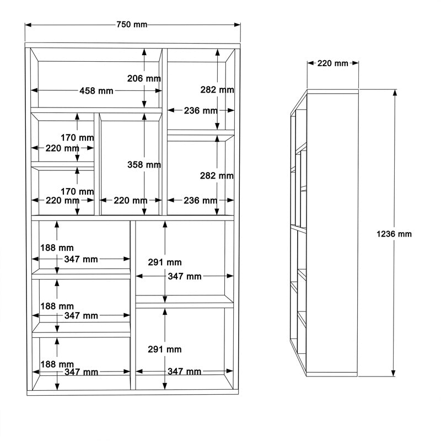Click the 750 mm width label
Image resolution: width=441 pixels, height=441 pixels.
point(132,25)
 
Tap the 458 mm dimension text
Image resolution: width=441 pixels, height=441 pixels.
point(96,91)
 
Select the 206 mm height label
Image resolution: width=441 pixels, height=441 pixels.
point(144,79)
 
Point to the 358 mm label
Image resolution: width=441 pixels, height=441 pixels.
point(144,165)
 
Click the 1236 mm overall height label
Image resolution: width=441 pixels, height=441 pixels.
point(394,234)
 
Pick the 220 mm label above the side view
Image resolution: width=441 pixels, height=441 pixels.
point(333,63)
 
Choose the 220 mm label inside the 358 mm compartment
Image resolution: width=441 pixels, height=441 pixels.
point(130,201)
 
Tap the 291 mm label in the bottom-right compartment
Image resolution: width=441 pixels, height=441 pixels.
point(165,349)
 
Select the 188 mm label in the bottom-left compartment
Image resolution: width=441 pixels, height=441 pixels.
point(57,364)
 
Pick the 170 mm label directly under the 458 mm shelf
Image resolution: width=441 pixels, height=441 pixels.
point(78,137)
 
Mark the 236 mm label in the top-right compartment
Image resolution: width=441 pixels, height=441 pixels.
point(200,111)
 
